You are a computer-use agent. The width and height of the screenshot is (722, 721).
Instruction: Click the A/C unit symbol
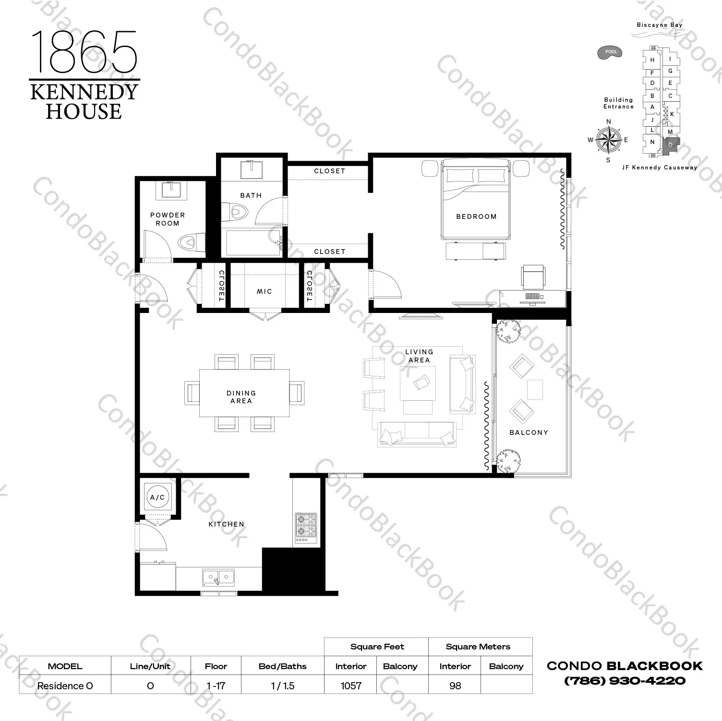tap(157, 497)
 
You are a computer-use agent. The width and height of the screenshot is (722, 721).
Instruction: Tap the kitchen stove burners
tap(306, 526)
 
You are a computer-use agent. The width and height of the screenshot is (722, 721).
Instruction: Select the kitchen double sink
tap(218, 577)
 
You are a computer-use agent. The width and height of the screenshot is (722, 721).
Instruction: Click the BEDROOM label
tap(476, 216)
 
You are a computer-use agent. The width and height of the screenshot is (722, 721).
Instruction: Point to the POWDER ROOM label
tap(167, 219)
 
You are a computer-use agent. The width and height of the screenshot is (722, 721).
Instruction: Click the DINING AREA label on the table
tap(241, 397)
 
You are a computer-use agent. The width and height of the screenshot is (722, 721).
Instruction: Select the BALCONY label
tap(529, 433)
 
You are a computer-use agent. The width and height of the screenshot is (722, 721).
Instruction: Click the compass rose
tap(608, 140)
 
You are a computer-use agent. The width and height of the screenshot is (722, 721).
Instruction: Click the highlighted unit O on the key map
tap(670, 144)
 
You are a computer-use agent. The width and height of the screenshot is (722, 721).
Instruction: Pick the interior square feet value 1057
tap(351, 685)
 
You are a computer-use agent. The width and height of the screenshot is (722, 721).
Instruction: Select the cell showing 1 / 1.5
tap(282, 685)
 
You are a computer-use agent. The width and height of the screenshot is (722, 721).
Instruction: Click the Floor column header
tap(216, 666)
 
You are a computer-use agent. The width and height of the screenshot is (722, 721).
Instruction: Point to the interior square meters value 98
tap(455, 685)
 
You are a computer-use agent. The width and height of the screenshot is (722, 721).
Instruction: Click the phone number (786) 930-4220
tap(625, 680)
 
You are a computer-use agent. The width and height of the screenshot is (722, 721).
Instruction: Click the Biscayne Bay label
tap(659, 25)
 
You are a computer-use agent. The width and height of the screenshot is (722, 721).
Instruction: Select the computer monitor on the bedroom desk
tap(532, 298)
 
